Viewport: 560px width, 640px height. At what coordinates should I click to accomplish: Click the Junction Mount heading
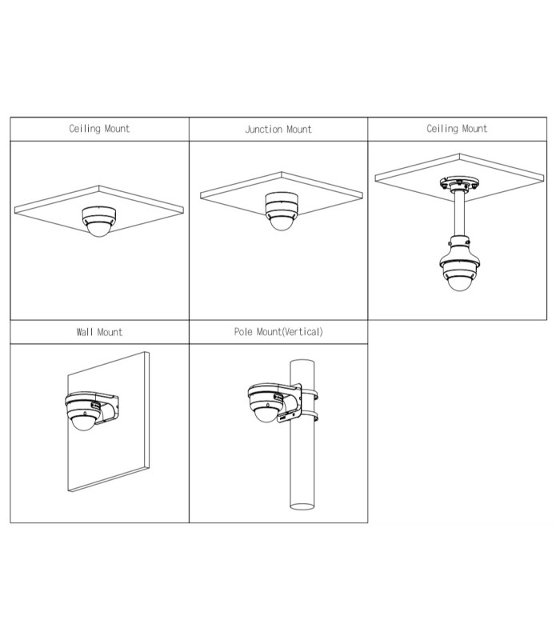click(278, 130)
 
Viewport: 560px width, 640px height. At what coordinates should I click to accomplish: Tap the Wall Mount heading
click(99, 332)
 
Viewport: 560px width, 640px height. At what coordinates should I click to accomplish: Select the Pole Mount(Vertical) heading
click(278, 332)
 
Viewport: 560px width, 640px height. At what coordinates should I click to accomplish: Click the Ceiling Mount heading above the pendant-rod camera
click(457, 129)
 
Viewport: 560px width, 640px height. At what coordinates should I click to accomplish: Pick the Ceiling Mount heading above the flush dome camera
click(99, 129)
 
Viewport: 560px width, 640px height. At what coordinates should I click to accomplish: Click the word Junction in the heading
click(264, 130)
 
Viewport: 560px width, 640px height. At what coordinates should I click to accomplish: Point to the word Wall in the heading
click(85, 332)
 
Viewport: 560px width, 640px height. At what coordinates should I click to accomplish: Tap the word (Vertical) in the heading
click(302, 332)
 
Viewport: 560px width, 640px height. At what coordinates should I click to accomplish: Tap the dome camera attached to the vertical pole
click(266, 403)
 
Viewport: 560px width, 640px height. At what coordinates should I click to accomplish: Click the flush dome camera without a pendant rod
click(99, 221)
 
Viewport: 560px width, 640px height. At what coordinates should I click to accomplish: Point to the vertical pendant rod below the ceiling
click(458, 214)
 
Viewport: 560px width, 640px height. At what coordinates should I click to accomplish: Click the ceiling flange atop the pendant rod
click(458, 183)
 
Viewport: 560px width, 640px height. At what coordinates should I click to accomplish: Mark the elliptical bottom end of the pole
click(302, 506)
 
